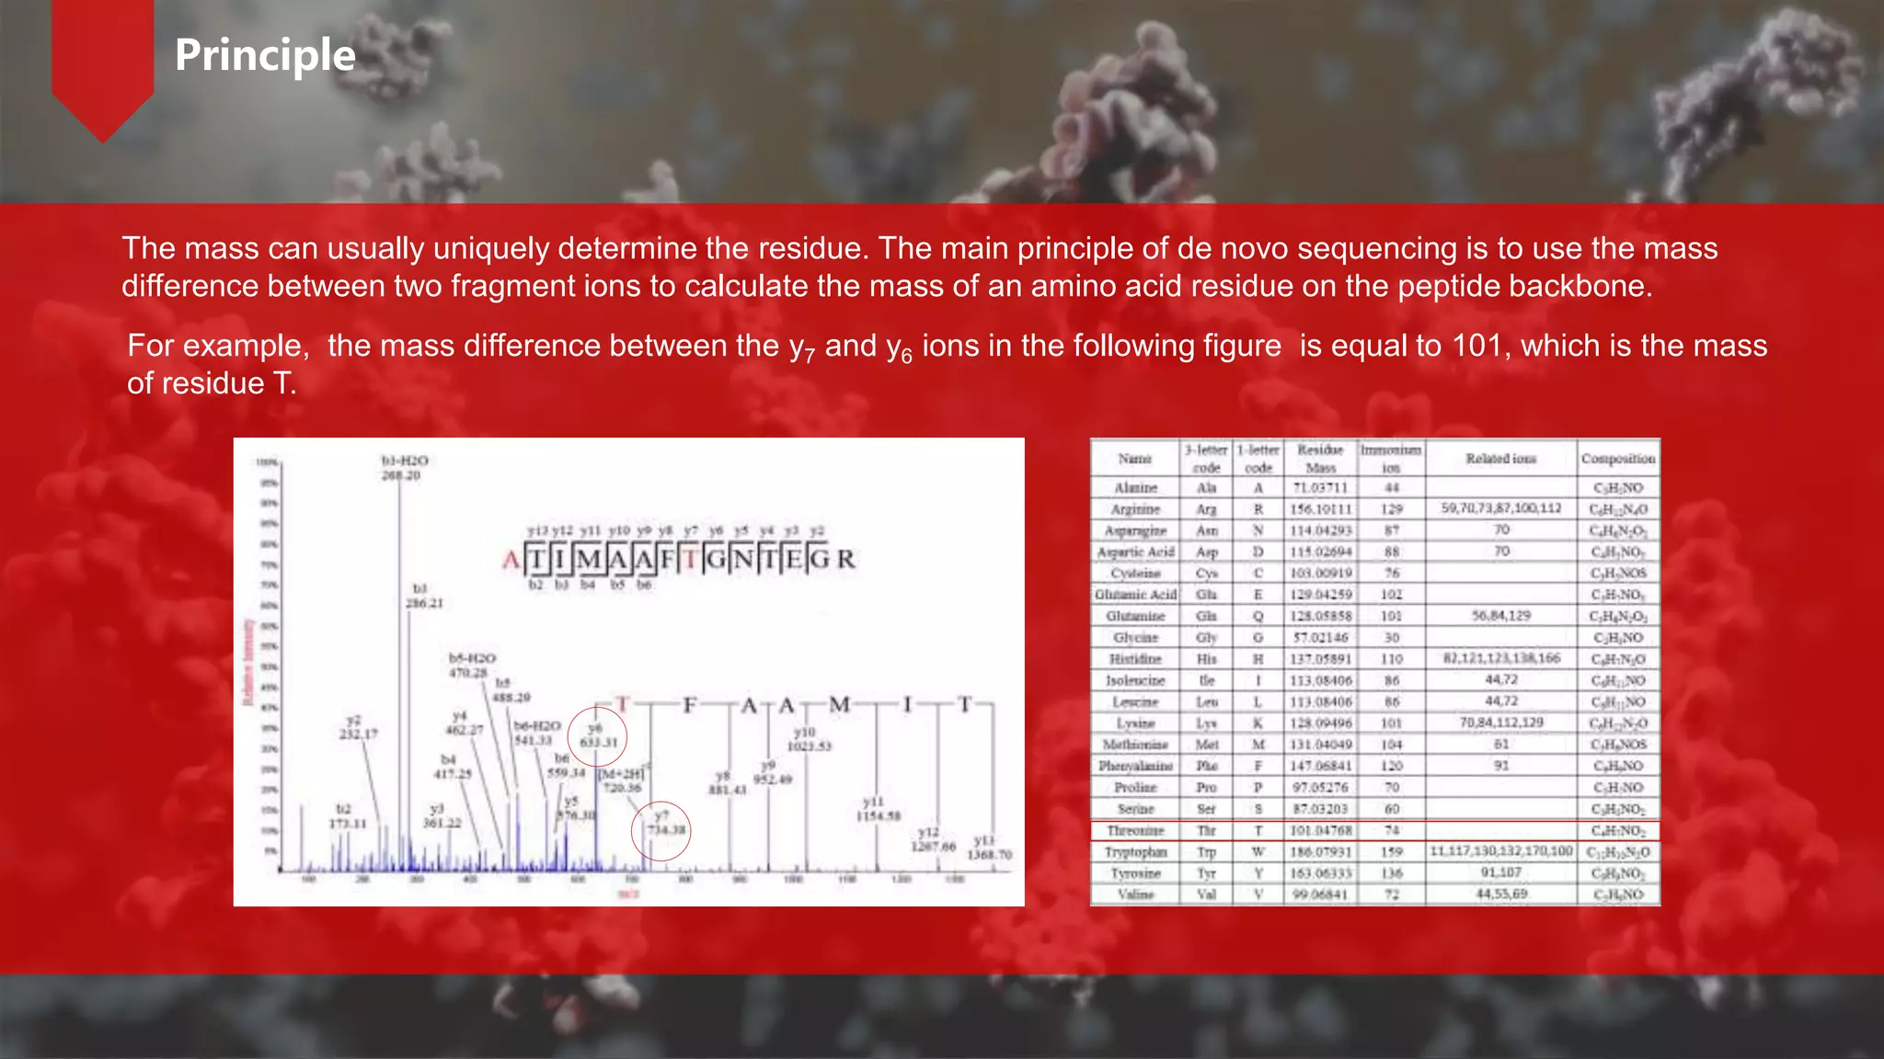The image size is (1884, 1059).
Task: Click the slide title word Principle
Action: (x=265, y=55)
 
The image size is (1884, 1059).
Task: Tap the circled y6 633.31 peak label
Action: (x=598, y=736)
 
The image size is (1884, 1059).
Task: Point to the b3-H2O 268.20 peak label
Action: (x=404, y=467)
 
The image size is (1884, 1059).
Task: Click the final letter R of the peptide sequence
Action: (x=845, y=559)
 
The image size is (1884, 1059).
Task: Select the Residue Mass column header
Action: (x=1320, y=458)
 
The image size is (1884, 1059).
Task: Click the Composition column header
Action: (x=1618, y=458)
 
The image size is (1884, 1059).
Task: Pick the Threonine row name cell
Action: (x=1135, y=830)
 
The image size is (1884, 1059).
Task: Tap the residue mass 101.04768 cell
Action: (x=1320, y=830)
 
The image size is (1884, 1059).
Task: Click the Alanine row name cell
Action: (x=1135, y=488)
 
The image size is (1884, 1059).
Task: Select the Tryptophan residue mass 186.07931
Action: (x=1320, y=852)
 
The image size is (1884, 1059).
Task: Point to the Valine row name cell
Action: (x=1135, y=894)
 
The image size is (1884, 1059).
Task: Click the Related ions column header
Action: (x=1500, y=458)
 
